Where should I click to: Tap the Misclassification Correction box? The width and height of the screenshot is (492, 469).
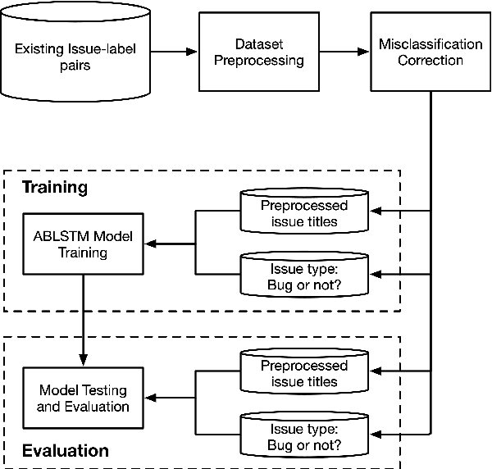coord(431,52)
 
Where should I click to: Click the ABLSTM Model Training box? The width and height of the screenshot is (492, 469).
coord(83,244)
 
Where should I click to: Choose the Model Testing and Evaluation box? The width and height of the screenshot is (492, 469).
coord(83,398)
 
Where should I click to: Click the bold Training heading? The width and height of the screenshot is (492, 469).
coord(54,187)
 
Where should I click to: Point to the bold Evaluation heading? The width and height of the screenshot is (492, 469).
coord(65,450)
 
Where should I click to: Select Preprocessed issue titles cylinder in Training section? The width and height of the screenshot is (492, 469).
coord(303,212)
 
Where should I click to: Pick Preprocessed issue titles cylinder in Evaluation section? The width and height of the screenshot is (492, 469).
coord(303,373)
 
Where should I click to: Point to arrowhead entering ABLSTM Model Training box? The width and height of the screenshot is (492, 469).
coord(150,243)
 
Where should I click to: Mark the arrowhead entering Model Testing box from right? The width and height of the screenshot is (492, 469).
coord(150,398)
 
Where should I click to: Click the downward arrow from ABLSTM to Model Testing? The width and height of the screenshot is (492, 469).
coord(83,321)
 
